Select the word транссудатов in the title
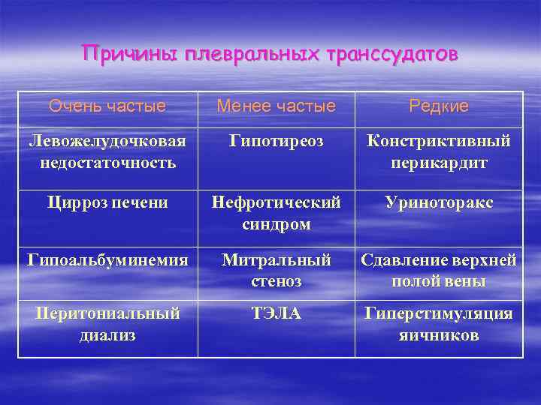coord(390,55)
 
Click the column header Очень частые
coord(107,106)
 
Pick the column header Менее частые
coord(276,106)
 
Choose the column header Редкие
coord(439,106)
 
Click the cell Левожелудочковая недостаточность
coord(107,151)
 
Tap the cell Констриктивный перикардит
coord(439,151)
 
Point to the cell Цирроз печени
coord(107,202)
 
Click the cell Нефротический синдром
coord(276,212)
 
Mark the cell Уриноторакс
coord(439,202)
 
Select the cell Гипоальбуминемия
coord(107,260)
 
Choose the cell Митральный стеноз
coord(276,270)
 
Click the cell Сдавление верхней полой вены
coord(439,270)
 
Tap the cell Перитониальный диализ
coord(107,324)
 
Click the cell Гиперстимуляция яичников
coord(439,324)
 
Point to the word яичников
coord(439,334)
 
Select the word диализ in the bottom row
coord(107,334)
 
